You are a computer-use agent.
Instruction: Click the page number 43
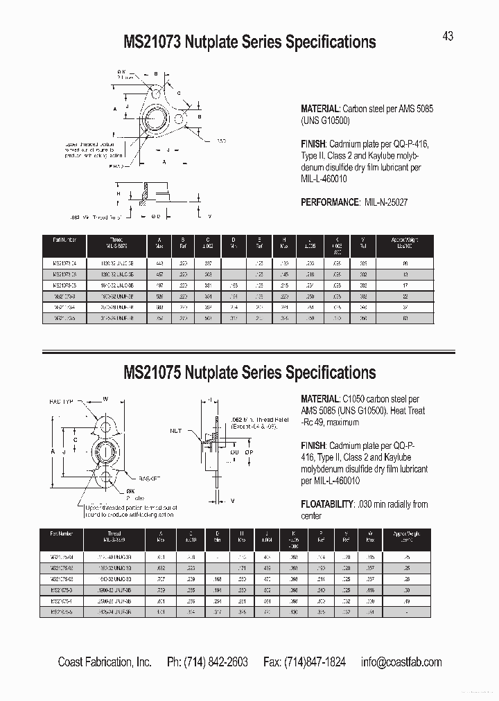pyautogui.click(x=448, y=36)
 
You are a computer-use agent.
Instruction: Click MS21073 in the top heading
pyautogui.click(x=152, y=42)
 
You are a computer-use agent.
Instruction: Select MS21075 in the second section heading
pyautogui.click(x=152, y=373)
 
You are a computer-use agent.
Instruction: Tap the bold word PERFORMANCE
pyautogui.click(x=329, y=202)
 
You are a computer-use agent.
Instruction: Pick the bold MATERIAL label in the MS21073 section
pyautogui.click(x=320, y=109)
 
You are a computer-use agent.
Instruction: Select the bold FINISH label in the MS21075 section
pyautogui.click(x=313, y=446)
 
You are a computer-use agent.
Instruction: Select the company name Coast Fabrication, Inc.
pyautogui.click(x=105, y=662)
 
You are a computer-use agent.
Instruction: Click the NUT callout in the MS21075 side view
pyautogui.click(x=175, y=430)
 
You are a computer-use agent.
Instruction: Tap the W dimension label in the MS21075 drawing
pyautogui.click(x=106, y=398)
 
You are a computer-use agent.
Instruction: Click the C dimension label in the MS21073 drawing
pyautogui.click(x=177, y=91)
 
